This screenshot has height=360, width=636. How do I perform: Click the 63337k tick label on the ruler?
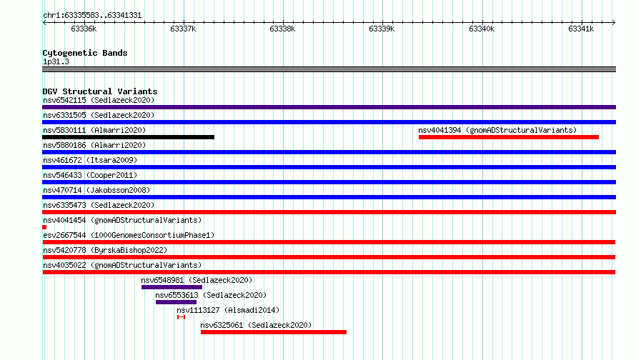tap(183, 29)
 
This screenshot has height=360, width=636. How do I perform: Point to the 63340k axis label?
tap(482, 29)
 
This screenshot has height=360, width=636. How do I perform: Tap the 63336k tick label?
tap(84, 29)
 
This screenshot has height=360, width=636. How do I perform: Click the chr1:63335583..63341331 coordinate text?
tap(92, 16)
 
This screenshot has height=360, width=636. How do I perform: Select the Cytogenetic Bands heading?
tap(85, 53)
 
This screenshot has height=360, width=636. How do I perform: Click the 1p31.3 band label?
tap(56, 61)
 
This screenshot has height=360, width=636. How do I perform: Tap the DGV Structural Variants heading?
tap(100, 91)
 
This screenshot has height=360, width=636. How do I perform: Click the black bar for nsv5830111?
tap(128, 137)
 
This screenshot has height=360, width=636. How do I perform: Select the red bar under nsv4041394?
tap(509, 137)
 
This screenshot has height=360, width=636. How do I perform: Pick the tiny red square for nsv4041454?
tap(44, 227)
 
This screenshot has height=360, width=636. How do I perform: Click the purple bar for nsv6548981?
tap(172, 287)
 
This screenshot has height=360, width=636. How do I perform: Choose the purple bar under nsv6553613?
tap(176, 302)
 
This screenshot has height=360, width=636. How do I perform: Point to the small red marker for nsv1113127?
tap(182, 317)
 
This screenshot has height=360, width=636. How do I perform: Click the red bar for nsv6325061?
tap(274, 332)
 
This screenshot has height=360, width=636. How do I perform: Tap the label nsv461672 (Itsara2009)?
tap(90, 160)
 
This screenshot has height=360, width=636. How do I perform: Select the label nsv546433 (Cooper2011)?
tap(90, 175)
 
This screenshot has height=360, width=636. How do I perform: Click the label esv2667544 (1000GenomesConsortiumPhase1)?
tap(129, 235)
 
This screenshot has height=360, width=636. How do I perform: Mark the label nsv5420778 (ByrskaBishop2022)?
tap(105, 250)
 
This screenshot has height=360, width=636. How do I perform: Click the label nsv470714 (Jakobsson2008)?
tap(96, 190)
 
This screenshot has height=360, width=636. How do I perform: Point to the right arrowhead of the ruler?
tap(614, 22)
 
